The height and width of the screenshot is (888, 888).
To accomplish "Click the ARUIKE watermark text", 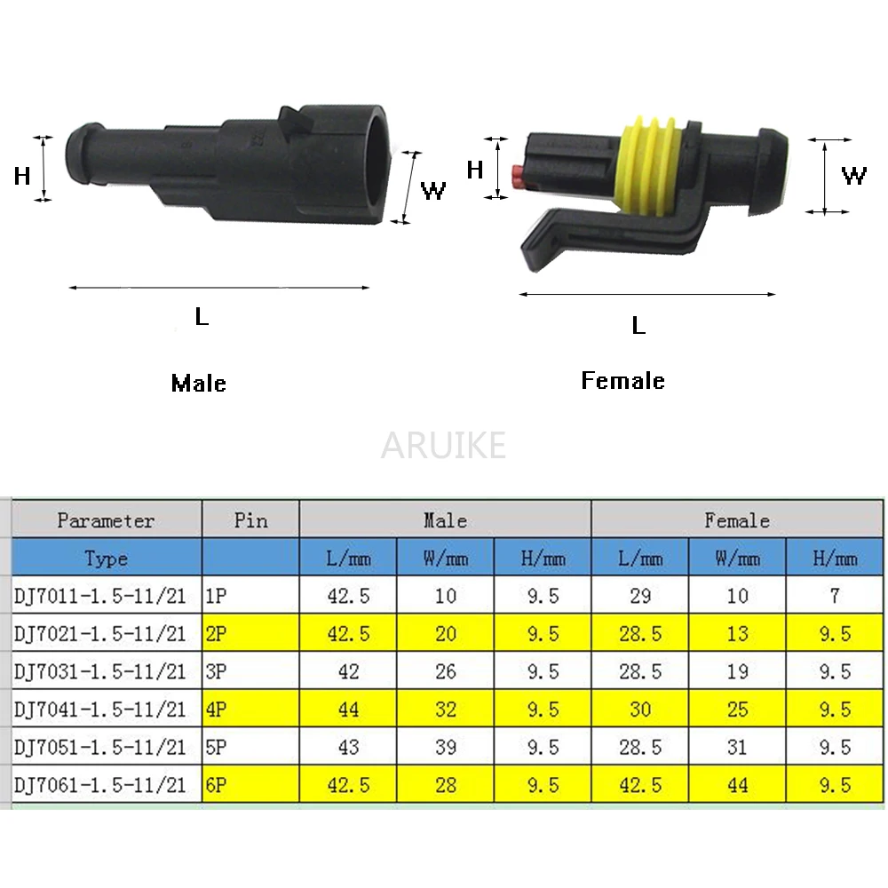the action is coord(443,445).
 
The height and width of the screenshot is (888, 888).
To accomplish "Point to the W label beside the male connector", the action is coord(433,191).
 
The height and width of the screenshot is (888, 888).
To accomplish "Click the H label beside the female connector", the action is coord(474,170).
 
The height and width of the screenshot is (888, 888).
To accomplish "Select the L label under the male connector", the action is coord(202,316).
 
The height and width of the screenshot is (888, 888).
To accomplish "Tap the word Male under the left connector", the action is coord(199,384).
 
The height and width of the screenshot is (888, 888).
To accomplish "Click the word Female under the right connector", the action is coord(623,380).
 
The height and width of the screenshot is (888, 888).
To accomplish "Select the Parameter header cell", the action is coord(106,519).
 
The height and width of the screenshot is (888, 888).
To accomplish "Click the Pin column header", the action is coord(251,519).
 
